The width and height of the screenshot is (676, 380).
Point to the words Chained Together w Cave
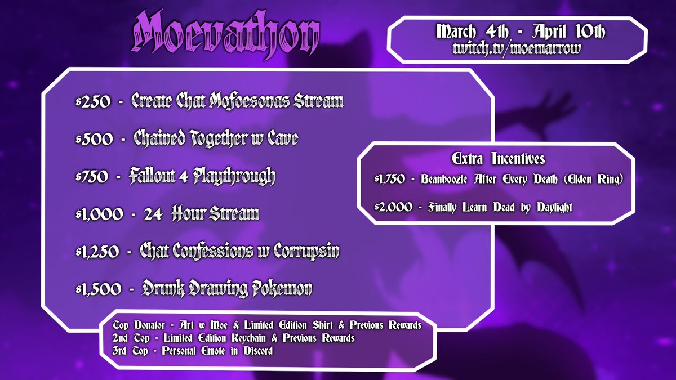click(215, 139)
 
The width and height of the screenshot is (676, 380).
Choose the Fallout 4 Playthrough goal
click(202, 177)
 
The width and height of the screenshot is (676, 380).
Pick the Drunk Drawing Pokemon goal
click(226, 290)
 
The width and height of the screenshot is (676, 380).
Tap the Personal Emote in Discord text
click(217, 351)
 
